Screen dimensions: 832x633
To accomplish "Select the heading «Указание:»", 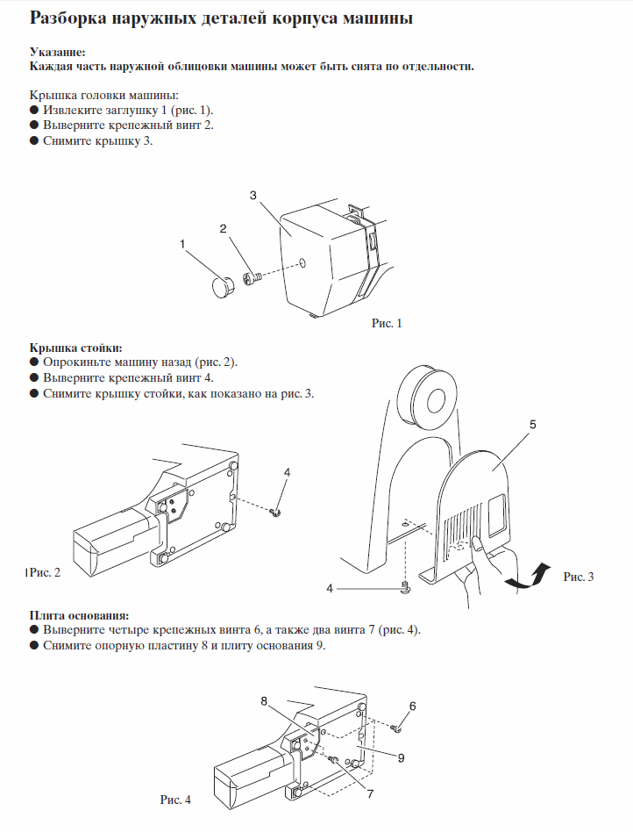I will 58,53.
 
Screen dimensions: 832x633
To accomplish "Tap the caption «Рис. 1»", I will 387,323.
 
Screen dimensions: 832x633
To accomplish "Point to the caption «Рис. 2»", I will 45,573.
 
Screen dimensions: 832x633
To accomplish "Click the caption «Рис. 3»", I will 579,577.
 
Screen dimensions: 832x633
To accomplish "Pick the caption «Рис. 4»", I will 174,800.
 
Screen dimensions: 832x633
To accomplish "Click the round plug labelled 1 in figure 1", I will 222,287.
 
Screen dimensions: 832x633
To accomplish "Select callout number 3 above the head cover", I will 253,195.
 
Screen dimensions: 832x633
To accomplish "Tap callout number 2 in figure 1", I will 224,228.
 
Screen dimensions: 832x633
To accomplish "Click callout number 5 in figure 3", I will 532,424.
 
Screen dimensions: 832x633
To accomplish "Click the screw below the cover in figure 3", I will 404,588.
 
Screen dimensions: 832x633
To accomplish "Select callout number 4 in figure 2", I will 287,472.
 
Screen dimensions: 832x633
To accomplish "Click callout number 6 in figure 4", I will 412,706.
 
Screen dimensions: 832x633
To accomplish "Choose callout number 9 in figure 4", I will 400,757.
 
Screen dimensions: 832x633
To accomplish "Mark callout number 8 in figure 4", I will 263,700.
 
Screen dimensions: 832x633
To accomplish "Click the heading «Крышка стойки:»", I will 75,347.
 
